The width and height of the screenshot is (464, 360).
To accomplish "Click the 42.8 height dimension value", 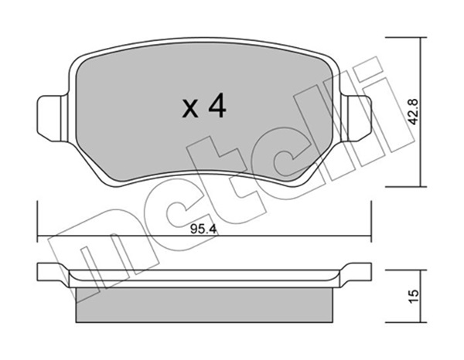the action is coord(414,112).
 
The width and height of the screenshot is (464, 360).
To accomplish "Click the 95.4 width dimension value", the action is coord(203,229).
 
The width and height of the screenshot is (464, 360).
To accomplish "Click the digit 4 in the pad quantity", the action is coord(217,107).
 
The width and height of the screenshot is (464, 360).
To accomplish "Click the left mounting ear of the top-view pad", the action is coord(49,118).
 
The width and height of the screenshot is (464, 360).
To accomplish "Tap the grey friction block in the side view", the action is coord(204,305).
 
